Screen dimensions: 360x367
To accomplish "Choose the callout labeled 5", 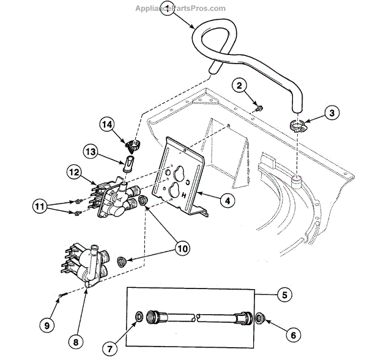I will click(283, 295).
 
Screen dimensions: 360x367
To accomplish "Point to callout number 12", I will click(74, 173).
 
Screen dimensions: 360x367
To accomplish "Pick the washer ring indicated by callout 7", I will click(139, 317).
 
